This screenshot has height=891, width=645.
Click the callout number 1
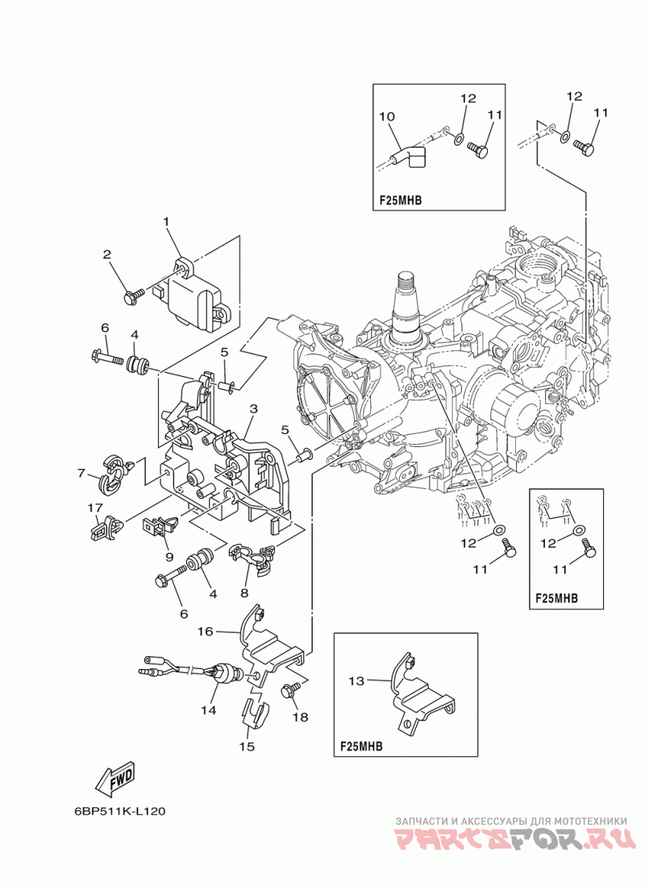point(166,222)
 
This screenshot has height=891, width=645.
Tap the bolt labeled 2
point(131,297)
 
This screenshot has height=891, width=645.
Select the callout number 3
point(254,408)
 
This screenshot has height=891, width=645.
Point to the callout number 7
point(81,473)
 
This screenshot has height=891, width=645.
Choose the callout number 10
point(387,116)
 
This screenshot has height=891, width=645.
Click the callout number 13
point(356,680)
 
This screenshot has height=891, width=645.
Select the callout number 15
point(247,746)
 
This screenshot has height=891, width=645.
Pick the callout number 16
point(205,631)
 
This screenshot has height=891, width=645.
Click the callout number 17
point(95,507)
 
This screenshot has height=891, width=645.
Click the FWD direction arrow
point(115,778)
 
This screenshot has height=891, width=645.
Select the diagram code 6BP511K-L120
point(120,811)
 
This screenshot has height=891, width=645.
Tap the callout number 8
point(244,593)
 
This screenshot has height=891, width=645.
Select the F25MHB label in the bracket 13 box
point(360,746)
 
